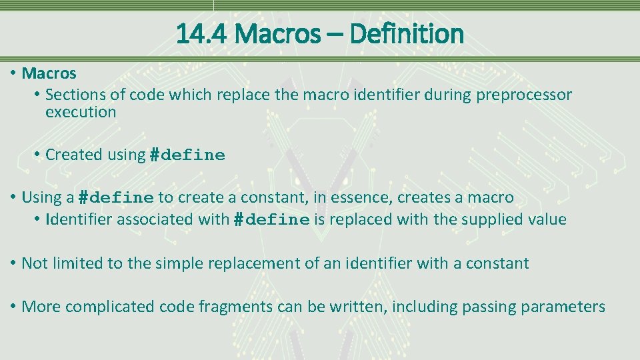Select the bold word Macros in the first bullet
tap(49, 73)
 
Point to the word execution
tap(81, 112)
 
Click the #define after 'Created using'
tap(187, 155)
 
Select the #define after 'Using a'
tap(116, 198)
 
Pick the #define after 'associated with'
tap(271, 220)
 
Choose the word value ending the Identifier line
tap(546, 219)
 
